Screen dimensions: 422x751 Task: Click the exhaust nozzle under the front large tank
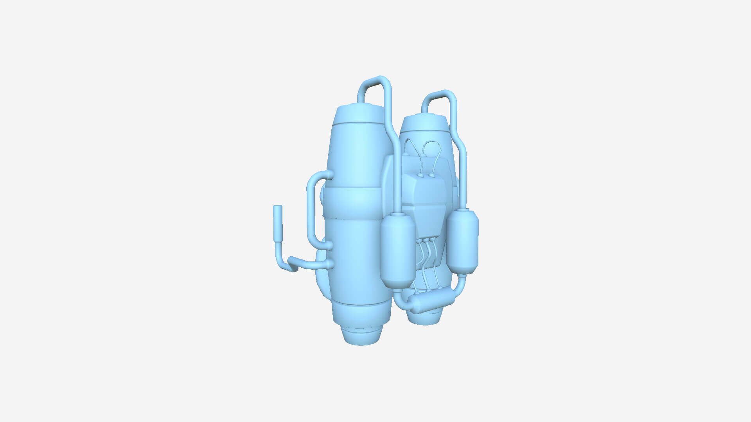click(361, 336)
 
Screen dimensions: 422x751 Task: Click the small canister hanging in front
click(398, 250)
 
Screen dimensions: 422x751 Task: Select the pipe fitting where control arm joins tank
click(329, 264)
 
